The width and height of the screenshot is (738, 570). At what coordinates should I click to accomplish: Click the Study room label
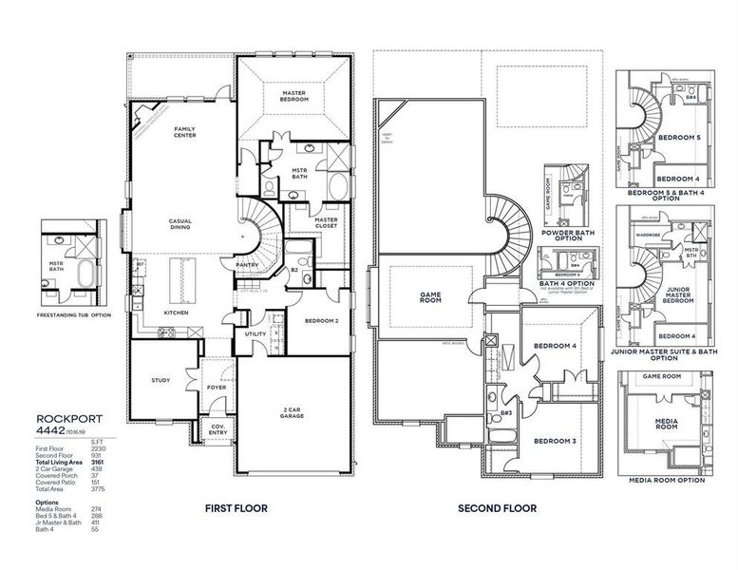(161, 380)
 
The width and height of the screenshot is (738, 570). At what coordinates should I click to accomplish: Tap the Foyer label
(218, 387)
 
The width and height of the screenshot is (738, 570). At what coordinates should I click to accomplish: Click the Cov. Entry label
(218, 429)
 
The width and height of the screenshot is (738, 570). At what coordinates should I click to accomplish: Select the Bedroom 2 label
(321, 321)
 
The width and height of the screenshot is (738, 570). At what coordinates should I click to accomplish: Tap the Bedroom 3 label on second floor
(555, 442)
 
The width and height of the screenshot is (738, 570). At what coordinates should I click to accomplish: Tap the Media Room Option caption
(667, 480)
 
